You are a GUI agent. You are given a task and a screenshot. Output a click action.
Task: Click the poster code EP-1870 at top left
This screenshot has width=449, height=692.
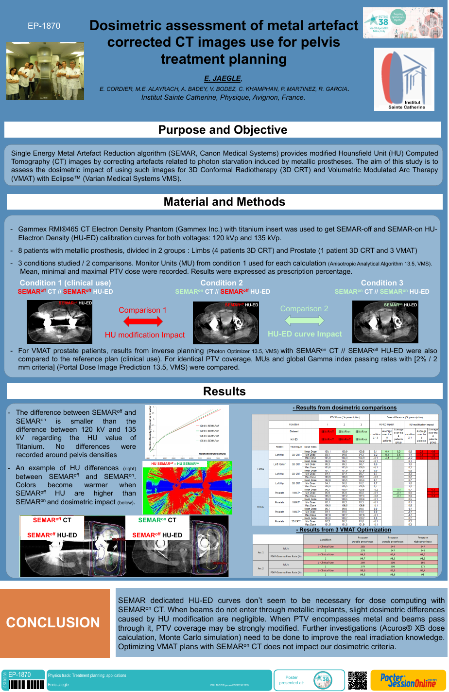tap(44, 26)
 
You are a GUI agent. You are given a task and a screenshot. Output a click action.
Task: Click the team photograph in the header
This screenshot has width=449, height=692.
tap(45, 71)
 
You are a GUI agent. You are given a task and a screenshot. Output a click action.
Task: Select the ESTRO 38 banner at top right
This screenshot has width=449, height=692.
tap(403, 23)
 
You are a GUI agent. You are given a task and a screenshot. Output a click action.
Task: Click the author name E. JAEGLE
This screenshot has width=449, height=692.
tap(223, 78)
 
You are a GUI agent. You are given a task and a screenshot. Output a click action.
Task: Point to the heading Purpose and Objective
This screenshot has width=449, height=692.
tap(223, 130)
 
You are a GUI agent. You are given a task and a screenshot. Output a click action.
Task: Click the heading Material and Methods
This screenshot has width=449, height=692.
tap(224, 202)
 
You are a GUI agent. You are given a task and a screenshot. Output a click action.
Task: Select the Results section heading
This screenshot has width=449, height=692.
tap(224, 391)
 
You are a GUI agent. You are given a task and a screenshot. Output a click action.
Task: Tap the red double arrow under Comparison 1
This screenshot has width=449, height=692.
tap(143, 321)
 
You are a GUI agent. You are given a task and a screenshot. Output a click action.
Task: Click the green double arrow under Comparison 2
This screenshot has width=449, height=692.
tap(304, 320)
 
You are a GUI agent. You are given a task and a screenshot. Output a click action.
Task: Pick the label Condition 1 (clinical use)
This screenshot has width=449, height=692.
tap(65, 283)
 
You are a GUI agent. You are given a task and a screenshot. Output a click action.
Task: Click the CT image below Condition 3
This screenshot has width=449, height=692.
tap(385, 322)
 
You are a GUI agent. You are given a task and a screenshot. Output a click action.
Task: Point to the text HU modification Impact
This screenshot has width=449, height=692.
tap(145, 335)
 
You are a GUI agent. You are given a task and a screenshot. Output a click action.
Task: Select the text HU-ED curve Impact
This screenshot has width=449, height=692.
tap(305, 334)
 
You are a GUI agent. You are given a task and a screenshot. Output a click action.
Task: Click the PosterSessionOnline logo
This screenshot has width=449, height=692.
tap(408, 680)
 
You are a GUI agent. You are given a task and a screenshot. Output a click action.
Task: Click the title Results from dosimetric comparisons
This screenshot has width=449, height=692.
tap(345, 408)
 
